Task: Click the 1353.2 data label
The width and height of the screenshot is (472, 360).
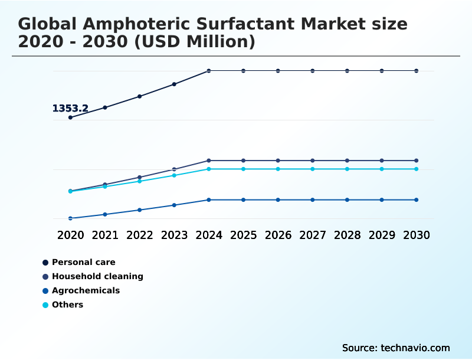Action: (70, 109)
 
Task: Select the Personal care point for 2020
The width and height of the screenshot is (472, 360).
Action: (71, 117)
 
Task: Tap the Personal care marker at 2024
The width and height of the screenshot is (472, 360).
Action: (209, 71)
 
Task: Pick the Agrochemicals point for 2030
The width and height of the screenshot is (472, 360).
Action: (417, 200)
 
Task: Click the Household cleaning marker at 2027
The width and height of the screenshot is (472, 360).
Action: (313, 161)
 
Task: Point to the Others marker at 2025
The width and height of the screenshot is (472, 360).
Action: (243, 169)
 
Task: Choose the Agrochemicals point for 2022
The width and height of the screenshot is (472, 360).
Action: (140, 210)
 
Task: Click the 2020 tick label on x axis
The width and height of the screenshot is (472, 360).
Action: (71, 235)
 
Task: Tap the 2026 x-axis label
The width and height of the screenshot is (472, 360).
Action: (278, 235)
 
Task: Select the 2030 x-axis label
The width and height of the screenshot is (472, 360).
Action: (417, 235)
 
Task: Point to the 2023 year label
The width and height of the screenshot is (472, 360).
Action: (174, 235)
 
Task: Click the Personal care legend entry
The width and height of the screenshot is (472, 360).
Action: (84, 262)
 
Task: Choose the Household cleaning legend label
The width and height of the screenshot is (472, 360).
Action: (97, 276)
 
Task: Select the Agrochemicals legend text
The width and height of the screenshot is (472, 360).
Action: (86, 290)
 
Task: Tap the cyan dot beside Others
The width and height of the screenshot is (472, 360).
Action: (45, 305)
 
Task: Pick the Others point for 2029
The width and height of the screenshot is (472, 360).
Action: (382, 169)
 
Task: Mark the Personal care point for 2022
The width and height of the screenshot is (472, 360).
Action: (140, 96)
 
